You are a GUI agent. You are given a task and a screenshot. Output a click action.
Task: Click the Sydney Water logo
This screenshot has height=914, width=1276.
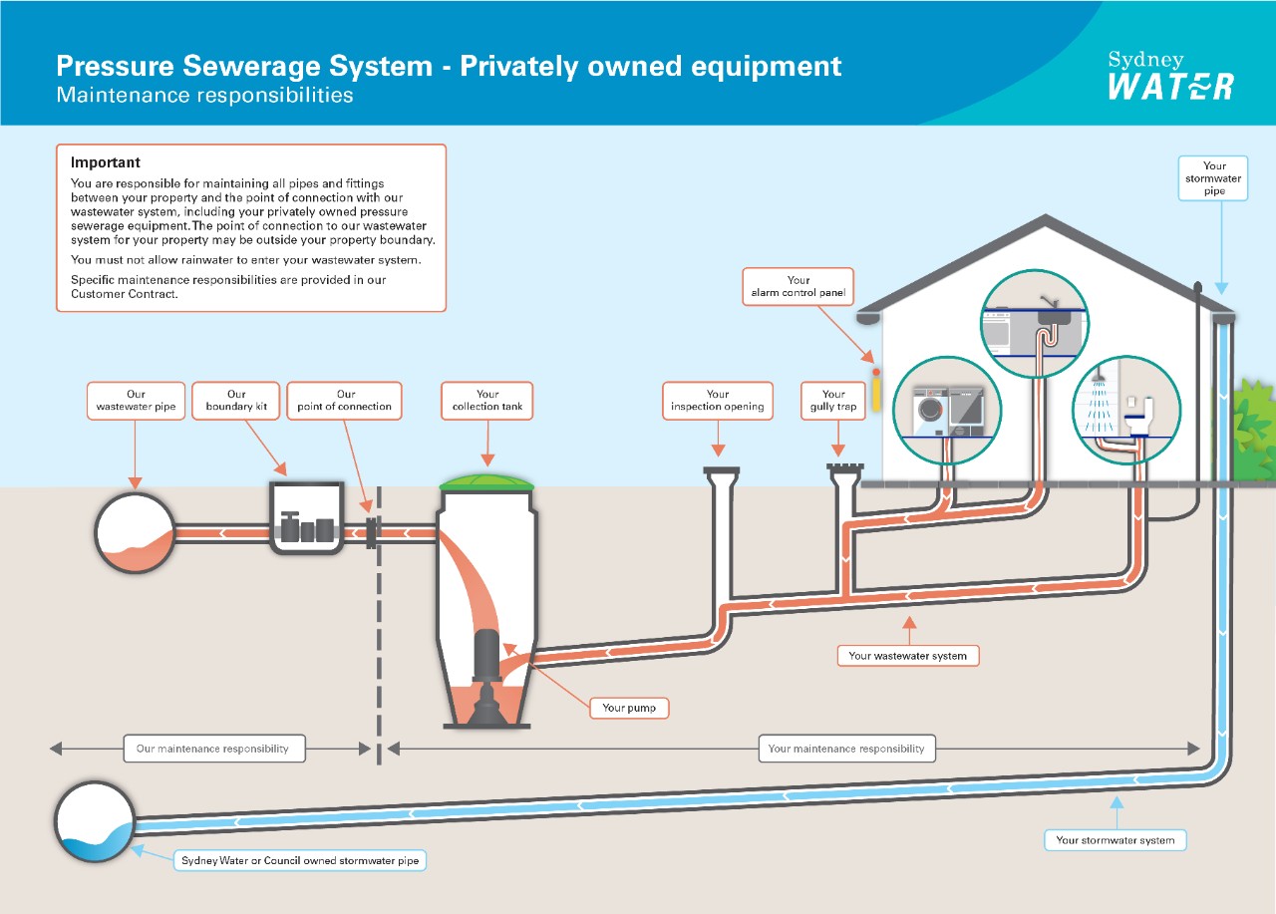(1170, 76)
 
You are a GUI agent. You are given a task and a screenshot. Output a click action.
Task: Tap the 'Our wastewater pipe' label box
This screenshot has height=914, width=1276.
(136, 401)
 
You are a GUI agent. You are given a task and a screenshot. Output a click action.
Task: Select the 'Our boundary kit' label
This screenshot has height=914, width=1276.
(236, 401)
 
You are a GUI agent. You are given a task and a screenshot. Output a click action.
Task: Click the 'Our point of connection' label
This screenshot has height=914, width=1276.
(345, 401)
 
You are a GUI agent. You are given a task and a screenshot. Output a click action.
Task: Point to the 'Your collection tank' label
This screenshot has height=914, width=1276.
(487, 401)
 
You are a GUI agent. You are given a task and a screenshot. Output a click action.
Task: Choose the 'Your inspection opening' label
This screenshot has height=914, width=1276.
(717, 401)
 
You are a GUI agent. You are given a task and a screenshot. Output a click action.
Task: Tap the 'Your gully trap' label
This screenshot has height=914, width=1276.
(833, 401)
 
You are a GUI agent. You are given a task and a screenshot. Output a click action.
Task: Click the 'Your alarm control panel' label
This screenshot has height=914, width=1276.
(798, 287)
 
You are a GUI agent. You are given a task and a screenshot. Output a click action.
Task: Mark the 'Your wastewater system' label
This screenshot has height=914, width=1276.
(908, 656)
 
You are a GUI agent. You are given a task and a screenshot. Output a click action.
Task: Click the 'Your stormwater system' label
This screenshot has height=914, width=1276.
(1115, 840)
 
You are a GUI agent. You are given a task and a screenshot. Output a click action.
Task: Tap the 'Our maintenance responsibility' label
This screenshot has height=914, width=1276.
(213, 749)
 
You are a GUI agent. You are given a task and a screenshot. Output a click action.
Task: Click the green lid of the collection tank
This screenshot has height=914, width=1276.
(487, 482)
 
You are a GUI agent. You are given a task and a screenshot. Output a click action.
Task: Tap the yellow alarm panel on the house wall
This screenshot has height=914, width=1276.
(876, 391)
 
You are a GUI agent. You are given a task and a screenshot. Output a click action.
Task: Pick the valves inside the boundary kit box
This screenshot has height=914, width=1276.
(306, 527)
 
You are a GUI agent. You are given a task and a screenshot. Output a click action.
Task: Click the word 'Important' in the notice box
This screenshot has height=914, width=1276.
(106, 162)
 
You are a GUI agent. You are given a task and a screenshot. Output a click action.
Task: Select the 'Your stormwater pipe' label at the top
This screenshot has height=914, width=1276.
(1213, 178)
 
